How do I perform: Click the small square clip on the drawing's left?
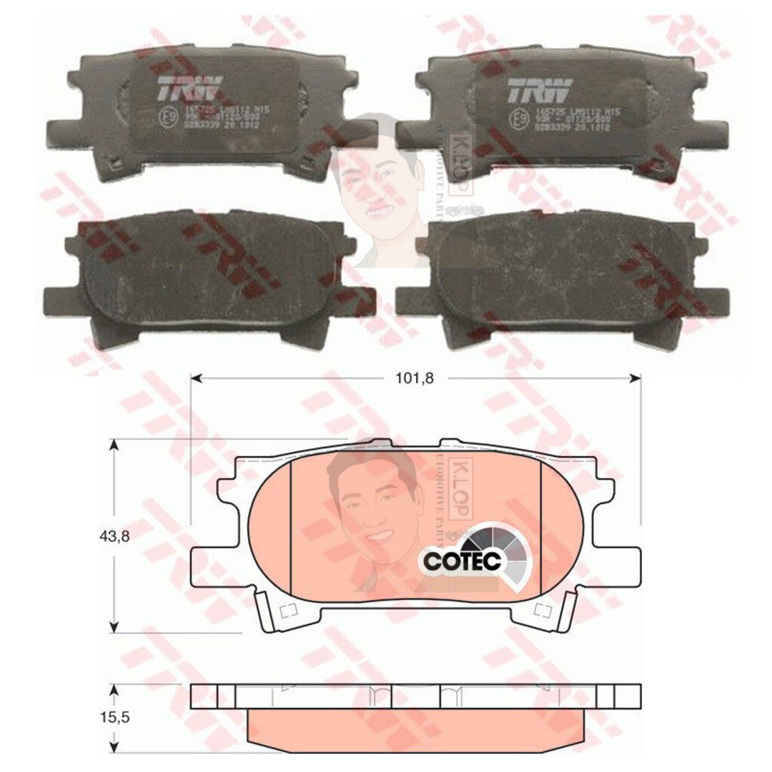click(x=287, y=611)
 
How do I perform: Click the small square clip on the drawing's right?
click(x=541, y=611)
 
